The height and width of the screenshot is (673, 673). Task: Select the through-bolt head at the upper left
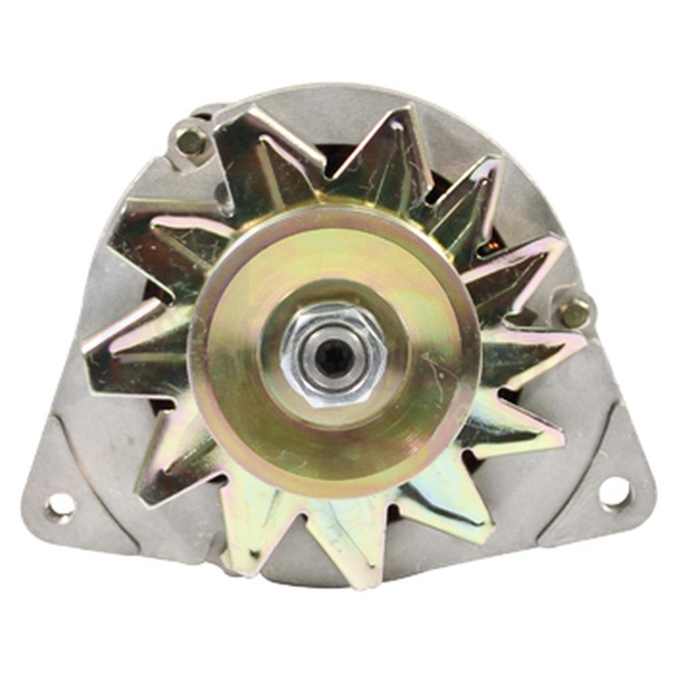click(190, 141)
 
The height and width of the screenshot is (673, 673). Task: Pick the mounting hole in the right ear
click(614, 491)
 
